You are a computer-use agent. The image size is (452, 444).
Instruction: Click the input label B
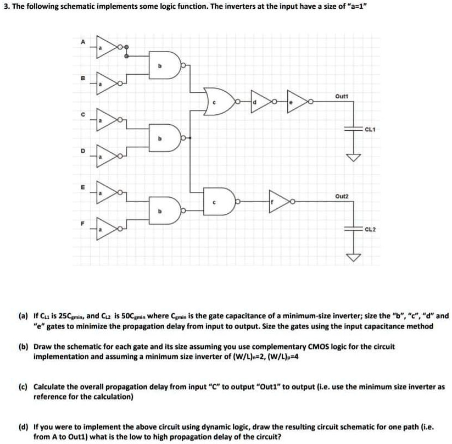(83, 77)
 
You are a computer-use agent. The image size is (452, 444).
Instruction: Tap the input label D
(83, 150)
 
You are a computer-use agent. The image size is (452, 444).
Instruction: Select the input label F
(83, 224)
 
